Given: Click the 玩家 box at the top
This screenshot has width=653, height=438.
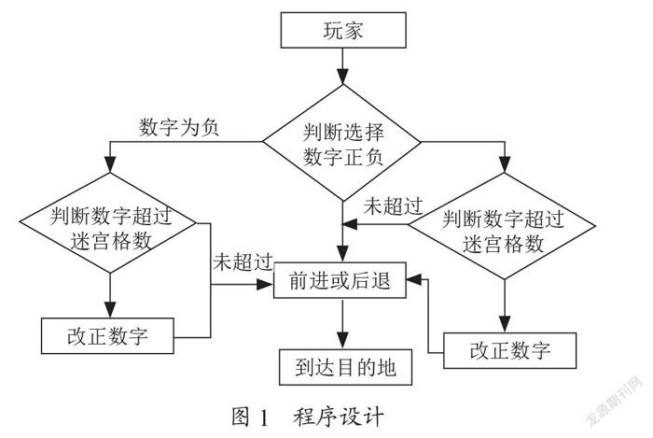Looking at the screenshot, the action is (343, 30).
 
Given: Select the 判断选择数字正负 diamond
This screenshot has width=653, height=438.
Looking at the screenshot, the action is (342, 143).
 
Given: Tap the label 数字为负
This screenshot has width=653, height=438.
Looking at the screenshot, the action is (179, 127).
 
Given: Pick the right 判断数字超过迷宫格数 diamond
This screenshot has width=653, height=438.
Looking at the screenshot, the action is (502, 226).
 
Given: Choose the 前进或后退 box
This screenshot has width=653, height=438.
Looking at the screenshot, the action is (340, 280).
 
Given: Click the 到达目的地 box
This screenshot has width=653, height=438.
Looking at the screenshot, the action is (346, 367).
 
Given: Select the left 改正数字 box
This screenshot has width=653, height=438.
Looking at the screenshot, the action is (107, 336).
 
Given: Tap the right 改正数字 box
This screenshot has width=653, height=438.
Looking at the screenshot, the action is (509, 350).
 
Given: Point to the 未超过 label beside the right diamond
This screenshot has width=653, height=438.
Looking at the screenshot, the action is (393, 205).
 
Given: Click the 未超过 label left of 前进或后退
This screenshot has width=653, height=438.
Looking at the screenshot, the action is (243, 262).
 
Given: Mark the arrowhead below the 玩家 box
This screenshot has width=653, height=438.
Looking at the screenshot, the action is (342, 76).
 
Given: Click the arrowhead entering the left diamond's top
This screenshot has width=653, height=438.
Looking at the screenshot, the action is (109, 163).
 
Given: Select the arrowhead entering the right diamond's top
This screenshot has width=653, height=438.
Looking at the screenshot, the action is (505, 163).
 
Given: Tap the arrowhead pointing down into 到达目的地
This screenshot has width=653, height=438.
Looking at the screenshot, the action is (342, 340).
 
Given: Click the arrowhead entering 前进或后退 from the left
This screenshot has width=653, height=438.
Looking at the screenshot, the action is (265, 285).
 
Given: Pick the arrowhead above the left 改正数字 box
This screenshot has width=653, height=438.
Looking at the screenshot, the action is (110, 309).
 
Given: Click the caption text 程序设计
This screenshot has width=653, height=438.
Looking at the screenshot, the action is (338, 417).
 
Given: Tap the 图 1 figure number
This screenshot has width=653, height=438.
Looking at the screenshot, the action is (251, 417).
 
